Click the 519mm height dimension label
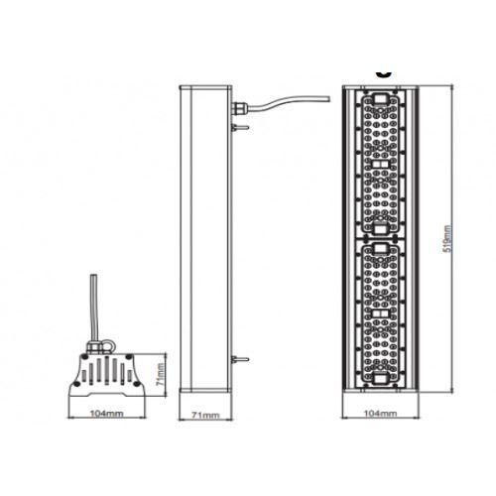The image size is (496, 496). click(x=447, y=239)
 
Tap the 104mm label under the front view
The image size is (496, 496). click(x=380, y=414)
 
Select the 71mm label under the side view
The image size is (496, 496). click(x=205, y=415)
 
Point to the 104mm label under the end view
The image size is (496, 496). click(x=106, y=414)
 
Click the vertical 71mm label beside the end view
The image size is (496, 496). click(x=160, y=374)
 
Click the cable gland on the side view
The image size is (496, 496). click(x=239, y=107)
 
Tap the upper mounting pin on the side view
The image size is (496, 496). click(x=241, y=128)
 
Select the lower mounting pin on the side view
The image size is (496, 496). click(x=241, y=359)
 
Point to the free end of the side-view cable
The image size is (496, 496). click(x=329, y=99)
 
